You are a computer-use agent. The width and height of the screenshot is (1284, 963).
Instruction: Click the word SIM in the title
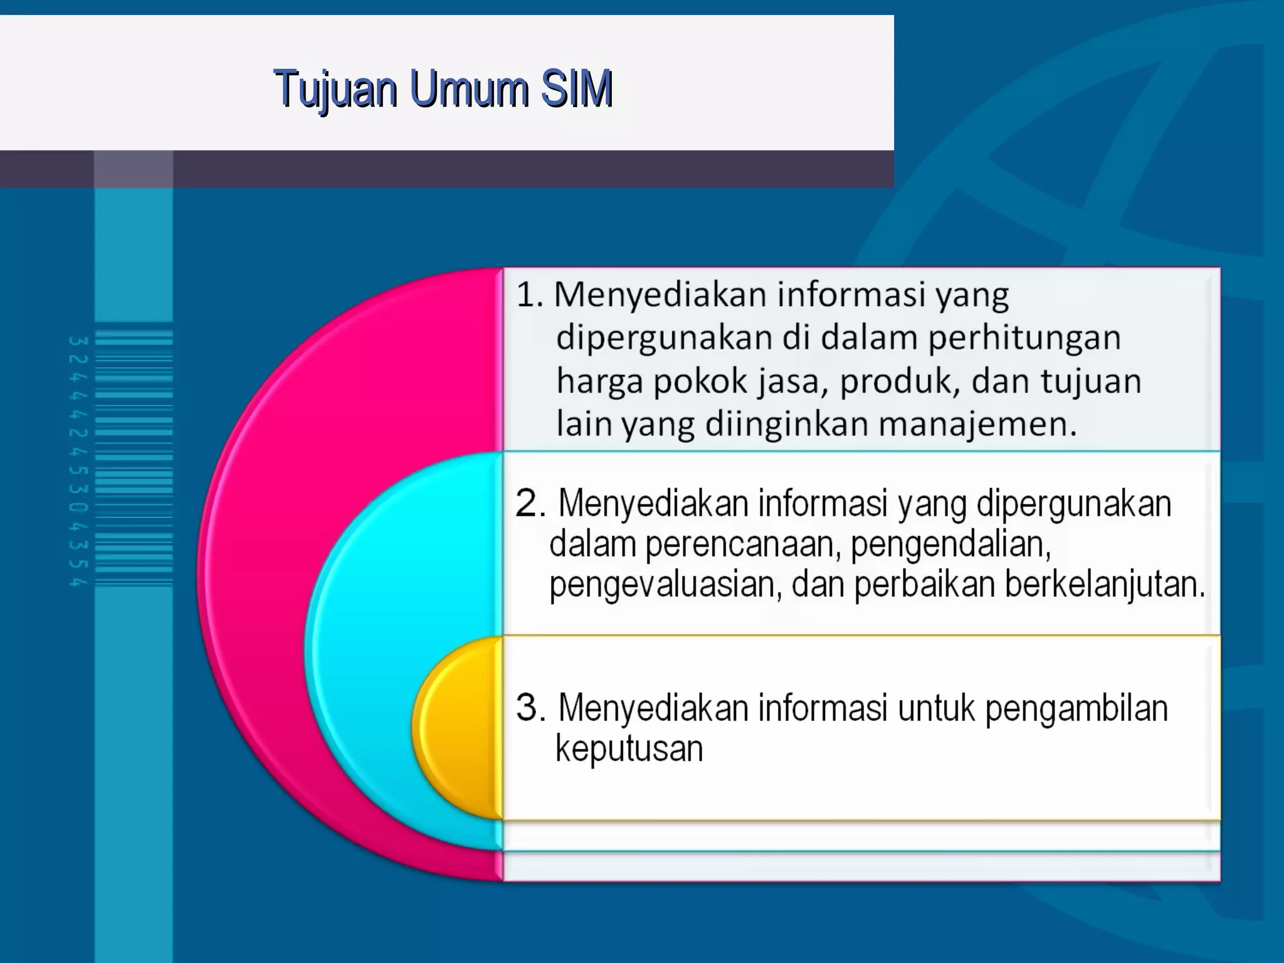pos(576,89)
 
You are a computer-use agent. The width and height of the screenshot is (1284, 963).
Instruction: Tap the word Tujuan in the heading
pos(335,89)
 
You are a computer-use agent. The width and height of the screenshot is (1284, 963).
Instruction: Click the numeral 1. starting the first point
pos(530,295)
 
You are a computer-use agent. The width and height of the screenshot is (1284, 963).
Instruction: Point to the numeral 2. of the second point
pos(531,503)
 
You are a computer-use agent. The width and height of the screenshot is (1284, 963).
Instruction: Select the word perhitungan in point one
pos(1024,337)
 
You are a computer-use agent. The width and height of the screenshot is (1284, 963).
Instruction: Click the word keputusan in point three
pos(629,749)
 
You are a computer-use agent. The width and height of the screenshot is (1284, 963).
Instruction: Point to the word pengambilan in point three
pos(1076,708)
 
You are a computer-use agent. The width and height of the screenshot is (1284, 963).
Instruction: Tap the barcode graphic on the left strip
pos(133,458)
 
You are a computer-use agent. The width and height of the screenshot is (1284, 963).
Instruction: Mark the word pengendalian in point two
pos(950,544)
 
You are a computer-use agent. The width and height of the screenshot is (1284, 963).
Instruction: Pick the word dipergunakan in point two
pos(1074,504)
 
